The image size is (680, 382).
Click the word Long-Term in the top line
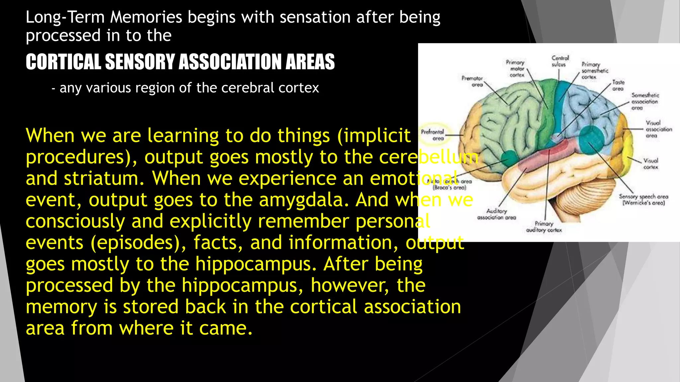(x=65, y=17)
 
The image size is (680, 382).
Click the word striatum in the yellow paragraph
(x=104, y=178)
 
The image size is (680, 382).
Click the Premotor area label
(x=472, y=81)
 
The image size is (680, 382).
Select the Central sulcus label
(x=560, y=61)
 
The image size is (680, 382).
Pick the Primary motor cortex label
(x=516, y=68)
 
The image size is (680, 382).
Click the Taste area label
(x=618, y=85)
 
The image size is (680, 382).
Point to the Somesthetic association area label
(x=644, y=101)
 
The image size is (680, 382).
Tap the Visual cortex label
(x=650, y=164)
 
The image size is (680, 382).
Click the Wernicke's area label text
(x=643, y=203)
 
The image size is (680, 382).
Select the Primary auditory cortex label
(x=544, y=227)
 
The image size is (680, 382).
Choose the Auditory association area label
(x=497, y=214)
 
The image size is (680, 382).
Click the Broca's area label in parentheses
(x=450, y=188)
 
